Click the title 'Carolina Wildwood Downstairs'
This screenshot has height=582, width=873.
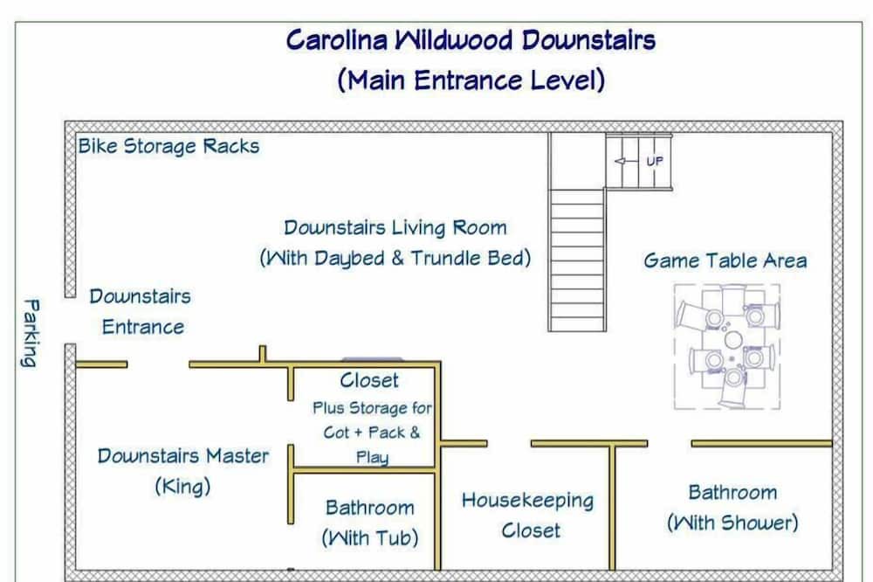tap(471, 40)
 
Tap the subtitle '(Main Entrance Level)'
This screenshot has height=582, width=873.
tap(471, 80)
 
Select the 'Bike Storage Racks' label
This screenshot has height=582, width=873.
tap(168, 146)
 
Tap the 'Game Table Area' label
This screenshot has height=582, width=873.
tap(725, 260)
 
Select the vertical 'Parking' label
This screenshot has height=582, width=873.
tap(30, 333)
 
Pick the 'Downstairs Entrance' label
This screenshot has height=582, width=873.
tap(141, 312)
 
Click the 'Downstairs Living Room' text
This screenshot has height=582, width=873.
tap(395, 228)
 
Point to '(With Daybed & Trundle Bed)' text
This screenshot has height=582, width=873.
tap(395, 259)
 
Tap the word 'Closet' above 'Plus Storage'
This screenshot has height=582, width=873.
tap(368, 380)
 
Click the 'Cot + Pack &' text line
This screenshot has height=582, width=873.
tap(371, 433)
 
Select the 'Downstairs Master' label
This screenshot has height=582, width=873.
tap(182, 455)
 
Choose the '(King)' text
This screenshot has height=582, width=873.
tap(182, 487)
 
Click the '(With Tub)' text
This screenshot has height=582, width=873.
tap(369, 537)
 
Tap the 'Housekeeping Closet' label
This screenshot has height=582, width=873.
tap(527, 515)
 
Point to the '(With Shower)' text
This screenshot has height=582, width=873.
tap(732, 523)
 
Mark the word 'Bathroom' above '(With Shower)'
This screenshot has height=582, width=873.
tap(732, 492)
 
